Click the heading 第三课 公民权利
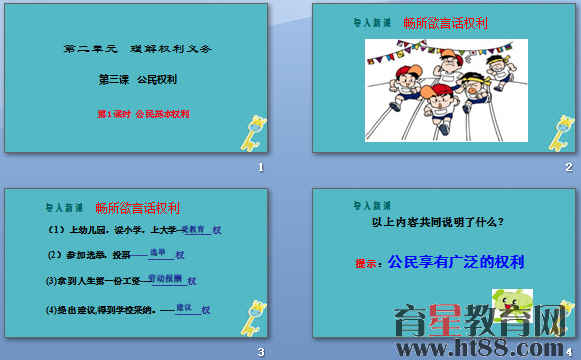(x=136, y=79)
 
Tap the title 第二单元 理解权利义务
(x=138, y=48)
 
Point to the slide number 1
(x=261, y=167)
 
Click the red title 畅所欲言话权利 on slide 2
(x=443, y=21)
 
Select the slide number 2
(x=568, y=167)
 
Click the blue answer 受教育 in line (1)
(x=195, y=230)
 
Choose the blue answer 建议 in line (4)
(x=183, y=307)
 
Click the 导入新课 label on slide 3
(x=64, y=208)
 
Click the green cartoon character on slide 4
(x=511, y=307)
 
